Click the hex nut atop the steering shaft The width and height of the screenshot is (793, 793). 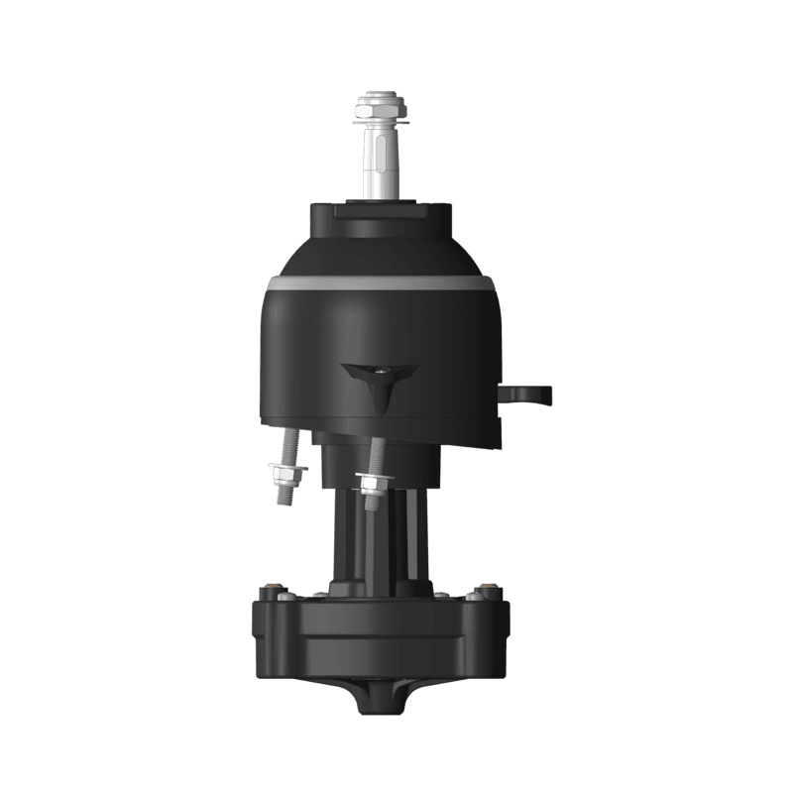tap(381, 103)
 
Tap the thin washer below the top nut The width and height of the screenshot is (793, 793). tap(381, 125)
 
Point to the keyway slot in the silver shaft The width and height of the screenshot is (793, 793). tap(382, 159)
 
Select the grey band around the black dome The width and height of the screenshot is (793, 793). tap(381, 283)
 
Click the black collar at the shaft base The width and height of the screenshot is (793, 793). tap(381, 217)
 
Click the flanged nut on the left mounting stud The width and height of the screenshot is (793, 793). tap(287, 468)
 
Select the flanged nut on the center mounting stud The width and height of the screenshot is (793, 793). tap(371, 483)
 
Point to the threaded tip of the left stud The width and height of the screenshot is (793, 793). tap(283, 495)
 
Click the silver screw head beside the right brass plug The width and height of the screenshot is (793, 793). tap(467, 596)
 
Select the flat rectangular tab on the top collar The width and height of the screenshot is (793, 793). tap(381, 209)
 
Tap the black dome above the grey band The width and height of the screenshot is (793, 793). tap(381, 253)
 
